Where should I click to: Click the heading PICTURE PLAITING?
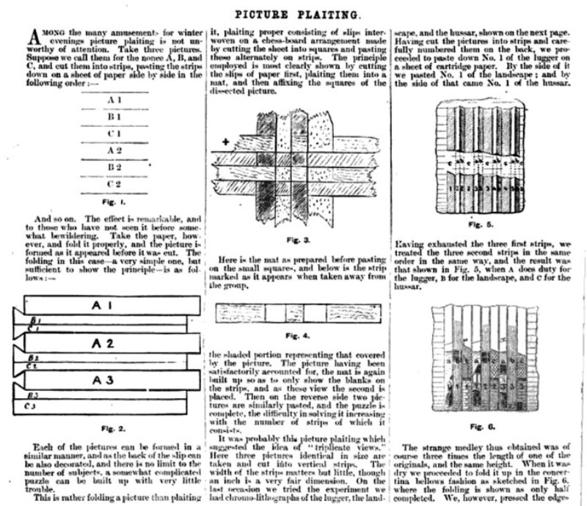click(296, 14)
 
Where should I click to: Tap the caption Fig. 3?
click(297, 240)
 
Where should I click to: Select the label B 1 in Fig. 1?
click(113, 116)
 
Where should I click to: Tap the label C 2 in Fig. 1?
click(113, 183)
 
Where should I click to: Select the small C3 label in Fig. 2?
click(31, 405)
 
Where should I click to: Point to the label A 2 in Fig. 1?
click(113, 150)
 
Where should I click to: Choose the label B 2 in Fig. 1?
click(113, 166)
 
